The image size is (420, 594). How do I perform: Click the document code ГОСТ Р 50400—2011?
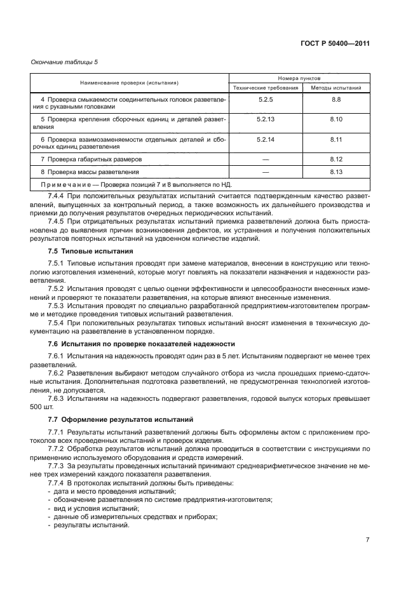point(335,44)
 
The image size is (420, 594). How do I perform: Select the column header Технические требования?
point(266,88)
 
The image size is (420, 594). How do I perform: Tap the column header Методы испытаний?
point(336,88)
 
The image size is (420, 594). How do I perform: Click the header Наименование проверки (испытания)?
point(129,83)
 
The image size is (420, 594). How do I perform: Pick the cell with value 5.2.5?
point(266,100)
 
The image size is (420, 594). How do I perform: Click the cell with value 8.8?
point(336,100)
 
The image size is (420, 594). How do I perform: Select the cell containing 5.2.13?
point(266,119)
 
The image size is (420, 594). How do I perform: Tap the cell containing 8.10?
point(336,119)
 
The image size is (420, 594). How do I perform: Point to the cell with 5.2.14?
point(266,138)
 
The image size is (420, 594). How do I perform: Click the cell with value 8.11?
point(336,138)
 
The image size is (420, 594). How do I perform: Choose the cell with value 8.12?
point(336,158)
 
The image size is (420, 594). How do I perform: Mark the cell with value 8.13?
point(336,172)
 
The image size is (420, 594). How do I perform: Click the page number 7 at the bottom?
point(367,540)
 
